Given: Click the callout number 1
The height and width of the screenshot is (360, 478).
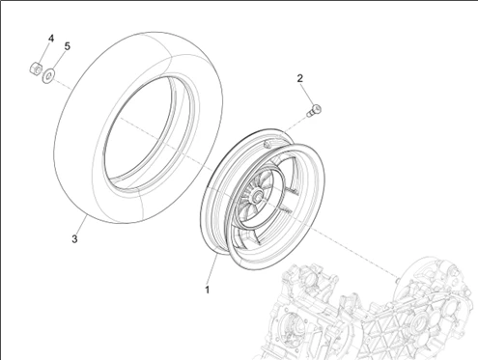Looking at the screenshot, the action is pos(208,290).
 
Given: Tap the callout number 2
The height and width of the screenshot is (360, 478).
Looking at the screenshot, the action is pos(300,78).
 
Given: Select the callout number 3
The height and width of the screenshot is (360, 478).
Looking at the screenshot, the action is pos(74,239).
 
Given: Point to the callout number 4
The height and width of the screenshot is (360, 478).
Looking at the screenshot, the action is pos(51,39).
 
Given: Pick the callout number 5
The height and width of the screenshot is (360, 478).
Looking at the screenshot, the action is pos(67,46).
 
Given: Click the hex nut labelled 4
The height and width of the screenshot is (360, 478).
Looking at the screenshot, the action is pos(36,69).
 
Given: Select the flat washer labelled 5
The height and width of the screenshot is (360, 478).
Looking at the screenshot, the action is pos(48,76).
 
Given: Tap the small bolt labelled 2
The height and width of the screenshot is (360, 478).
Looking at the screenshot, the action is pos(315,110).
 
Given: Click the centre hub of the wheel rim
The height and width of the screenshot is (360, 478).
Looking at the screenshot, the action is pos(258,195).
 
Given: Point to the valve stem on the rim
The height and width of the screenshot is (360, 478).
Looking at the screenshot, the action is pos(267,144).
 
